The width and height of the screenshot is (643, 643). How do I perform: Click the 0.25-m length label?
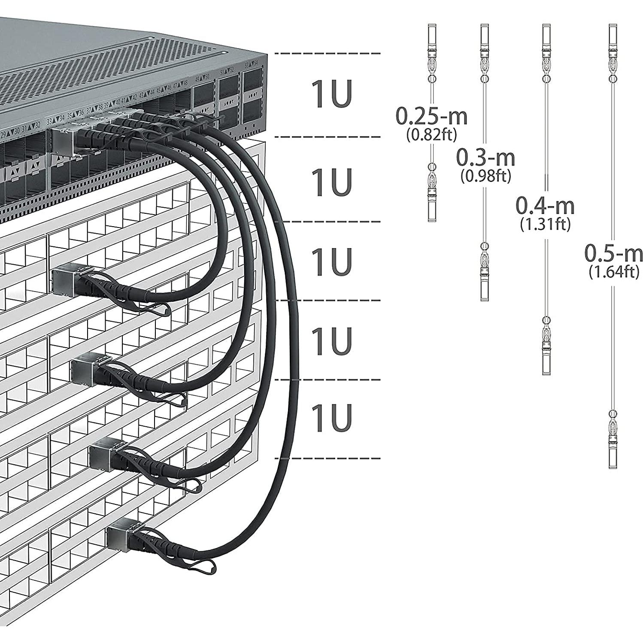431,116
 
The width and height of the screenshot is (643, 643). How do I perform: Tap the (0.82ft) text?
431,135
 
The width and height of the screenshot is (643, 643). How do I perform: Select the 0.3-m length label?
485,158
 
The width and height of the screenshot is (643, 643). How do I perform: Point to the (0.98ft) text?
485,176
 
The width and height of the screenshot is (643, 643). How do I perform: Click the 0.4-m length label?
545,206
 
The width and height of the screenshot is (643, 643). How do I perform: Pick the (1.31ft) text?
545,224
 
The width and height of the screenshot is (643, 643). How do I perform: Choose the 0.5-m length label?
613,254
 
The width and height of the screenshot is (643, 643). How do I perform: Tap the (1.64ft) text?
614,272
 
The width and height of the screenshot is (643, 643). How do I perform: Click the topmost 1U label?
331,94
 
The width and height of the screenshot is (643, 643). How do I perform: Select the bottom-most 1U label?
331,418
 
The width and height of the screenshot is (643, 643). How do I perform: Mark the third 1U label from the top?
331,262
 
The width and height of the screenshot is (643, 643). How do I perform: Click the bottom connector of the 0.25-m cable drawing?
432,206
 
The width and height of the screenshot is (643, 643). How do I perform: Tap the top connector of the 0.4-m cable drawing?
546,39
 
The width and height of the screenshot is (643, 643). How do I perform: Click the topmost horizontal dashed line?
327,53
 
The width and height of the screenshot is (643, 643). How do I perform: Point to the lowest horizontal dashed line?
327,458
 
